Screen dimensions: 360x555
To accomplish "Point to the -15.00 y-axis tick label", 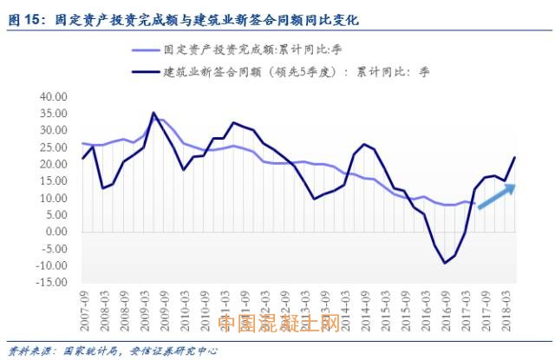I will click(54, 283).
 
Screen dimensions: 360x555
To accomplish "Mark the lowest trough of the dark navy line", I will click(446, 263).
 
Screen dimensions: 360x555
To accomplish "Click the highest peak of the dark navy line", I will click(153, 113).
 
